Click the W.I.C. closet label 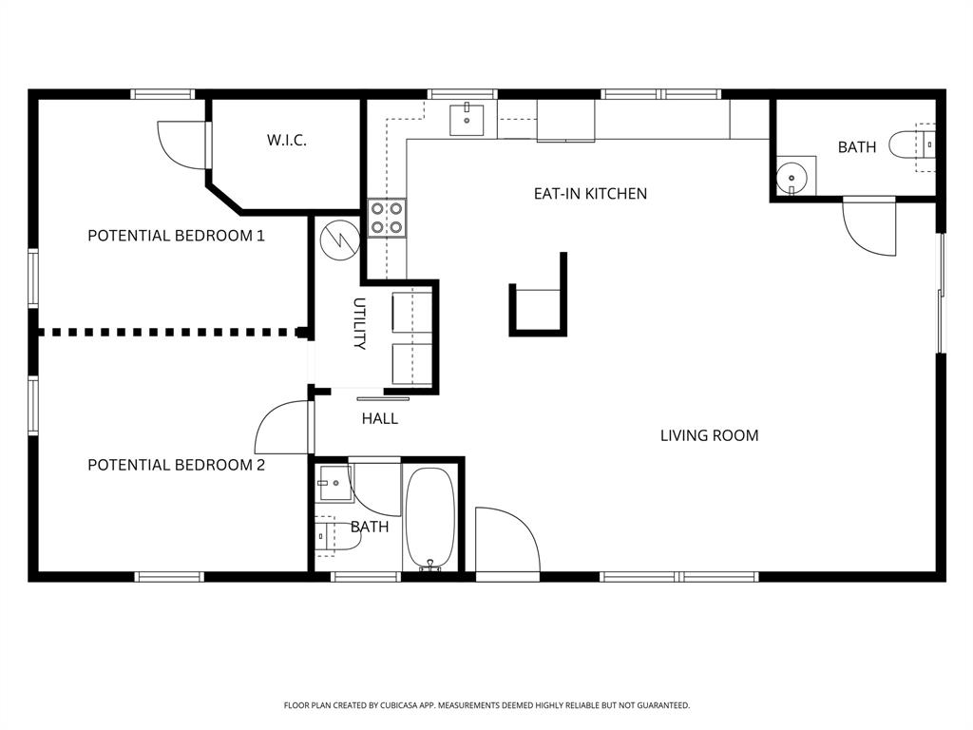286,141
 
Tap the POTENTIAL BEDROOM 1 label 176,236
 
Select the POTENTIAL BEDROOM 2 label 176,465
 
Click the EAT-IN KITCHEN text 590,194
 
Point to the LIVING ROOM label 709,436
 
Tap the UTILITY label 359,324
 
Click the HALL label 379,418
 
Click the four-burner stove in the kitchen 388,218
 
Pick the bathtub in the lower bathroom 431,518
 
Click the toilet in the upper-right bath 910,145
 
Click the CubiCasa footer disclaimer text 486,705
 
